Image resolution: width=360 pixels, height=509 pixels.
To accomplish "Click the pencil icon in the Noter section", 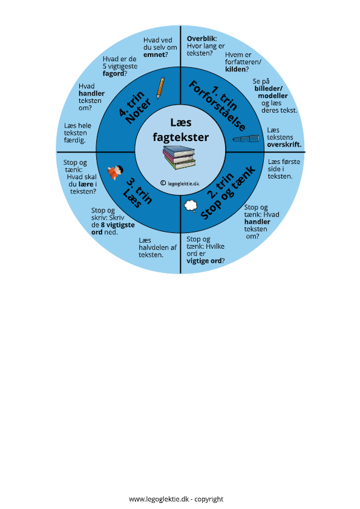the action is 161,88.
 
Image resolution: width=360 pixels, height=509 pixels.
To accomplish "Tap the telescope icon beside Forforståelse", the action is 246,139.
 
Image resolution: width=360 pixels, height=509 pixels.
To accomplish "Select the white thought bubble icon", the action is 191,207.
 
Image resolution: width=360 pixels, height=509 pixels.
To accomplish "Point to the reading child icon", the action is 115,172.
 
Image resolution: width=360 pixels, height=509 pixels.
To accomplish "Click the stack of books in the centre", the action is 179,157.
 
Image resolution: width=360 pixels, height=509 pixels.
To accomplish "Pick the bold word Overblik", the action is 201,39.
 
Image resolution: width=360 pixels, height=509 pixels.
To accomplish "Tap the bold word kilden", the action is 235,69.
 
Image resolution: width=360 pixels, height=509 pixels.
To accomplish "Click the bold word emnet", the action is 154,54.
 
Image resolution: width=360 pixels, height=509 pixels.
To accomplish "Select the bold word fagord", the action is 113,74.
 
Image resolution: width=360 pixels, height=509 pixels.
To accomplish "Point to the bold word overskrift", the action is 284,145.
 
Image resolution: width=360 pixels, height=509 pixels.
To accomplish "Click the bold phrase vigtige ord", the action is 204,261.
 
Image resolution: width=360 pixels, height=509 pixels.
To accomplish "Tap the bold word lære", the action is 86,184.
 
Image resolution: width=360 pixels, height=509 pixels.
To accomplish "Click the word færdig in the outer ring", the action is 74,140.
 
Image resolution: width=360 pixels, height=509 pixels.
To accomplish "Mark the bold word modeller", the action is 273,96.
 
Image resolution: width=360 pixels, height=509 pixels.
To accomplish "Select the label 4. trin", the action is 132,103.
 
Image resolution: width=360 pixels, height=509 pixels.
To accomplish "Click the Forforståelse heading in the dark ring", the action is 217,106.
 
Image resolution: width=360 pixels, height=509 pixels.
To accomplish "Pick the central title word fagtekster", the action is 181,137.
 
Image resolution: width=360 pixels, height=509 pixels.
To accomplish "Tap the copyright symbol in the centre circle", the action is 163,183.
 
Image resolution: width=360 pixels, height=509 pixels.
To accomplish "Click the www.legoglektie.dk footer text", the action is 159,499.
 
